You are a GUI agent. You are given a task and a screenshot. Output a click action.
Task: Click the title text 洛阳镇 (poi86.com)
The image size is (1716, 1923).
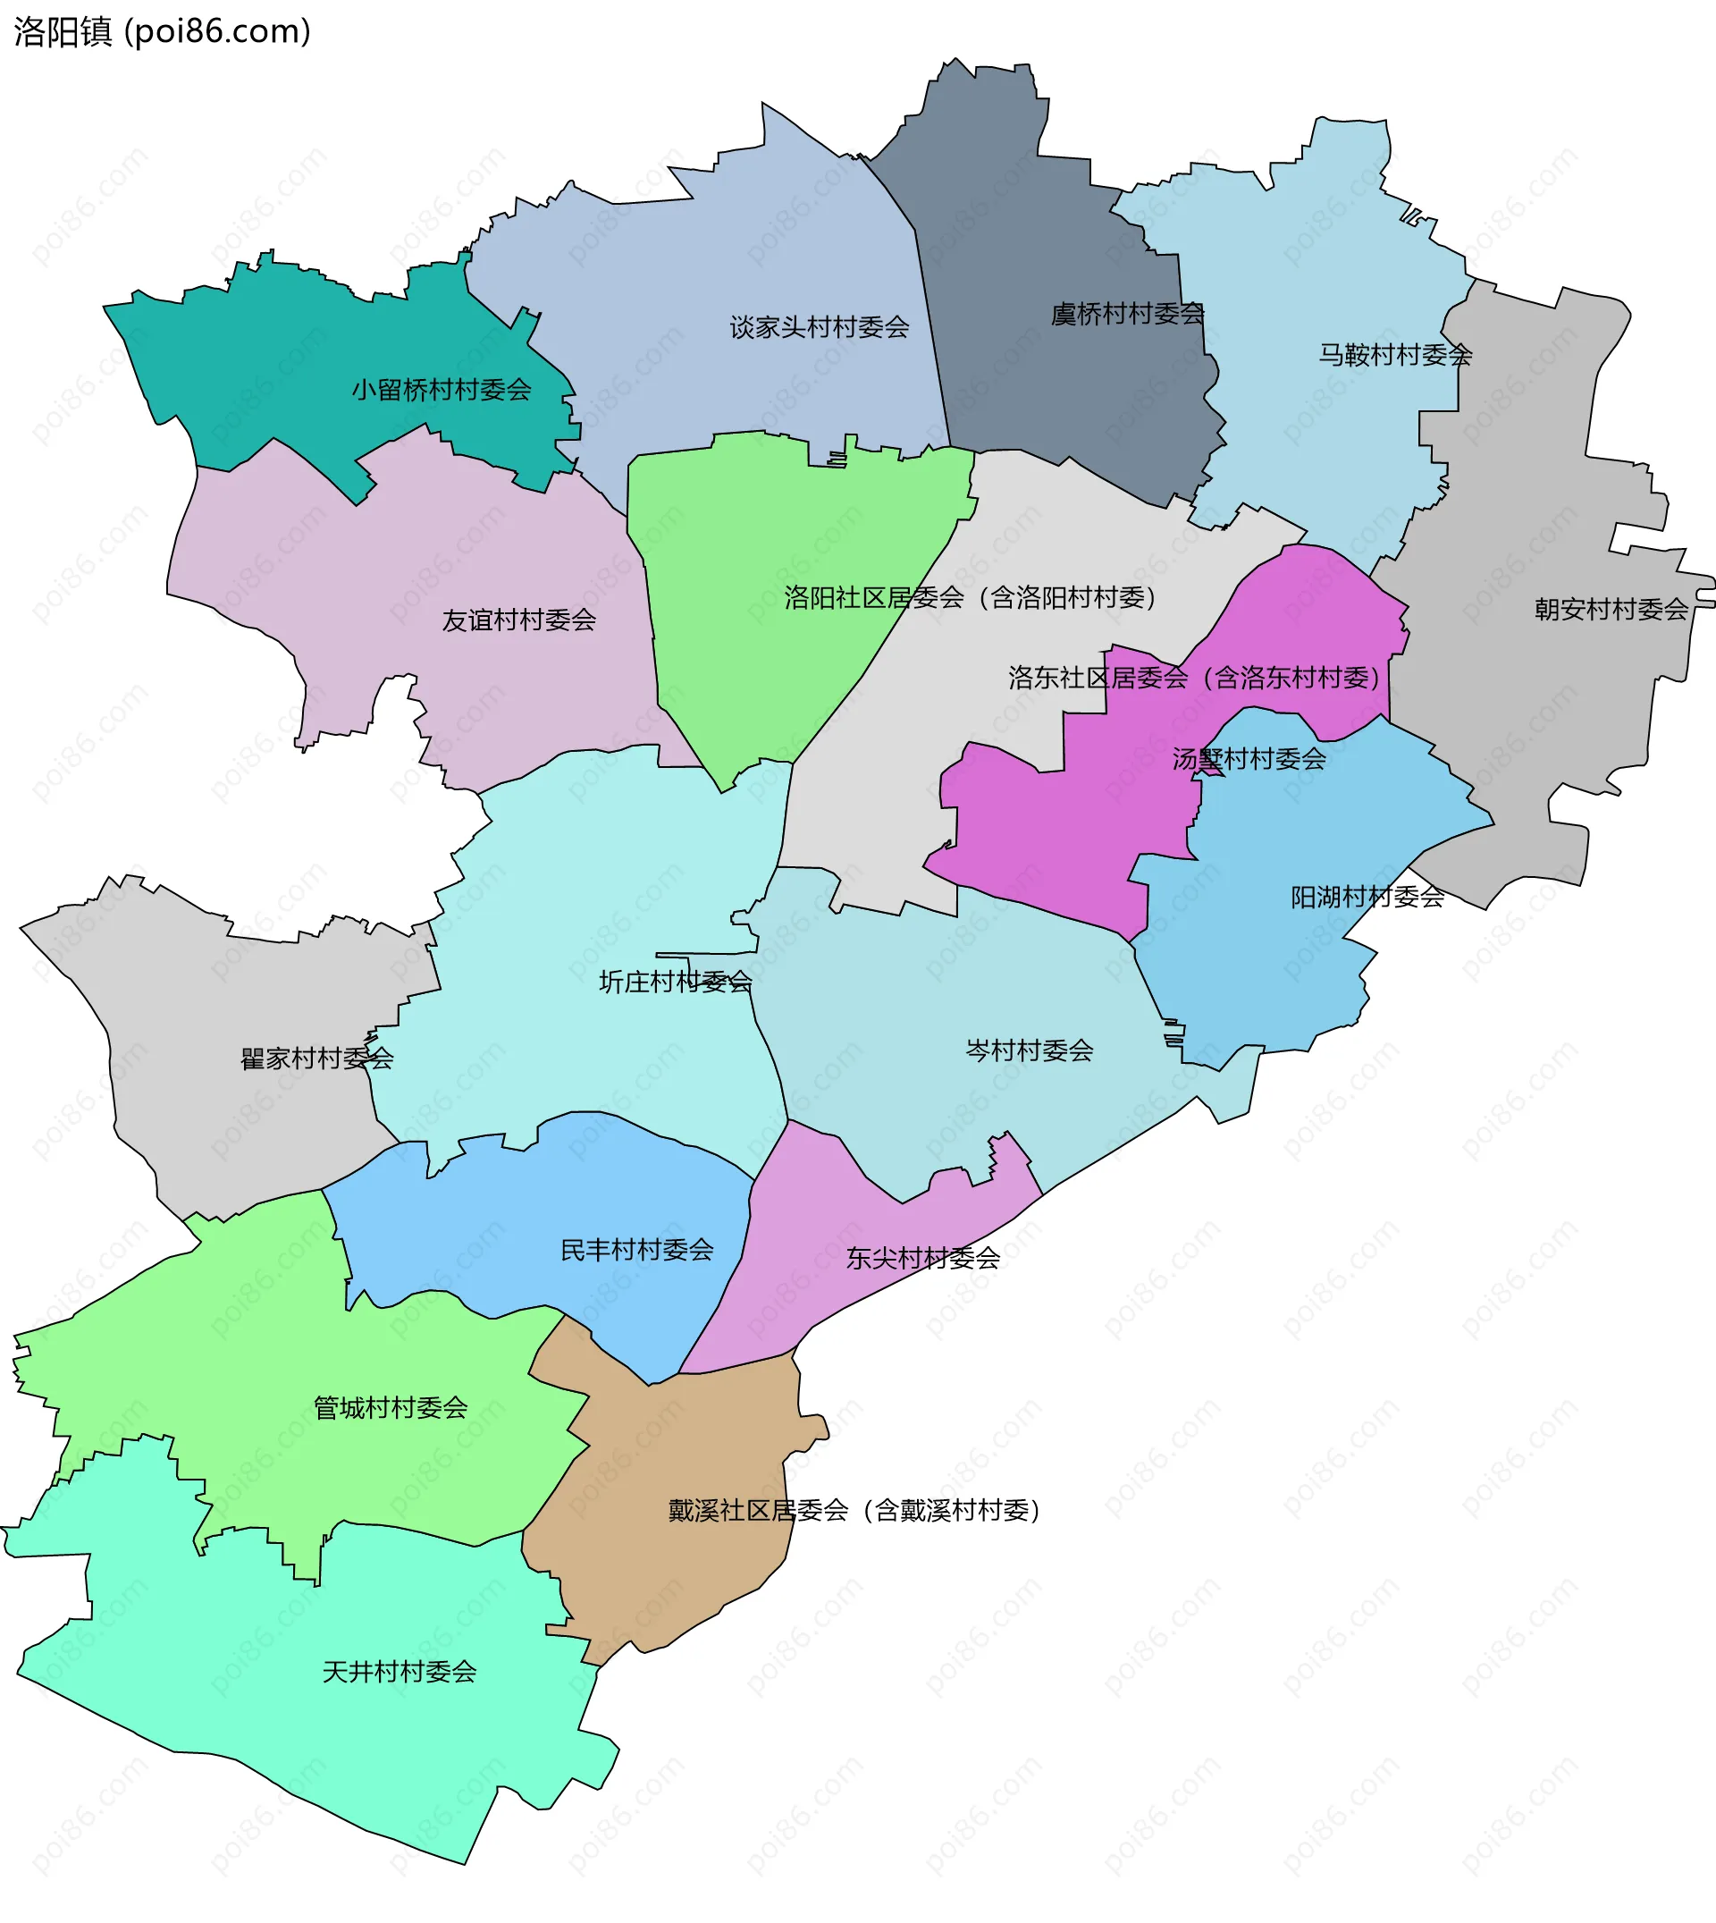(162, 32)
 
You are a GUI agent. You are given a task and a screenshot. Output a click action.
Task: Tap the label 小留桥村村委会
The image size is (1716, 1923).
(442, 390)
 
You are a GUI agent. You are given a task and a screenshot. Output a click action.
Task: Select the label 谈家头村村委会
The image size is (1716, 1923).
(820, 327)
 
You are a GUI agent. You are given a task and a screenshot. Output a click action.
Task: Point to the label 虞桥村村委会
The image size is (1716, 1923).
(1128, 313)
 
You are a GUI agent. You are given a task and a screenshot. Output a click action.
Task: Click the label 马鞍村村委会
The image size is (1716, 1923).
(1395, 355)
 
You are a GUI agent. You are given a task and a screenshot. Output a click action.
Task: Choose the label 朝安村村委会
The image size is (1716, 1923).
(1611, 609)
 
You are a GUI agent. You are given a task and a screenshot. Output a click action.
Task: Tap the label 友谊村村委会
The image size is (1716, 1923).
(519, 620)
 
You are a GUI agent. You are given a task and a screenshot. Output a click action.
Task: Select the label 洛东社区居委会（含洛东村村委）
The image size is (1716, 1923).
(1195, 677)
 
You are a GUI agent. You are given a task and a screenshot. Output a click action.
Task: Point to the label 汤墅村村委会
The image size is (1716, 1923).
(1249, 758)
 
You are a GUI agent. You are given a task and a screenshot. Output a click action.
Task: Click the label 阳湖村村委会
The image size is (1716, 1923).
(1367, 896)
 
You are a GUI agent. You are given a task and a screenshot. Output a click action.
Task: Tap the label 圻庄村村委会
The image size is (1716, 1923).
(676, 982)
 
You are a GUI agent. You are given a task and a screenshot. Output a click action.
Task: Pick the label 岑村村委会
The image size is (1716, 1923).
(1030, 1050)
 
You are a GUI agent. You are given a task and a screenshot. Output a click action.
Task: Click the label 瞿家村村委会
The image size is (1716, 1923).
(316, 1058)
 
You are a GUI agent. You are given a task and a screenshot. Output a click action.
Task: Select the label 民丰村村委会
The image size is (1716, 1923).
(637, 1250)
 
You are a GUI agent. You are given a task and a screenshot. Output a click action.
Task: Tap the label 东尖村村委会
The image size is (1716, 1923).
(923, 1257)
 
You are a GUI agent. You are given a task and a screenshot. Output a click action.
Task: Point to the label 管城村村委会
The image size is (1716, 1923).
(391, 1407)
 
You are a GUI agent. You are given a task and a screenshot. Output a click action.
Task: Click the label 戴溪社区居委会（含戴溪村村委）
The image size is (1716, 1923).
(854, 1510)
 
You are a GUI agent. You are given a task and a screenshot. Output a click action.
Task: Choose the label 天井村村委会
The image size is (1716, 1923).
(400, 1671)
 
